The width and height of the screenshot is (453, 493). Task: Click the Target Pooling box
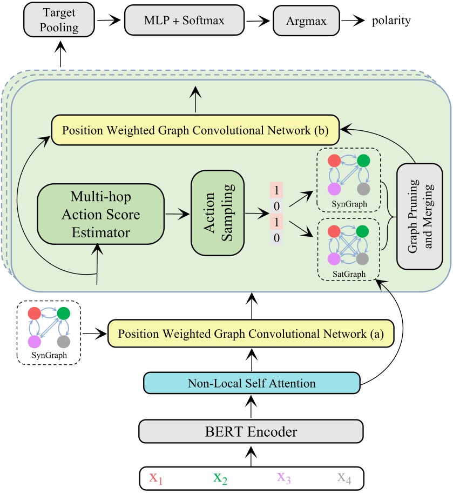coord(60,21)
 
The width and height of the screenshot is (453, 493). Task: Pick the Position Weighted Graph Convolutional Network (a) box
coord(251,332)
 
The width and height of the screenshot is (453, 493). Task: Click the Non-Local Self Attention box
coord(252,384)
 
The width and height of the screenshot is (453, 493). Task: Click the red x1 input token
coord(157,478)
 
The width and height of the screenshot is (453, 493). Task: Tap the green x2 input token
coord(221,478)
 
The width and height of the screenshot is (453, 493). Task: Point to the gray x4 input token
coord(344,478)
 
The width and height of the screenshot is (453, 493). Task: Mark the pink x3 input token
coord(284,478)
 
